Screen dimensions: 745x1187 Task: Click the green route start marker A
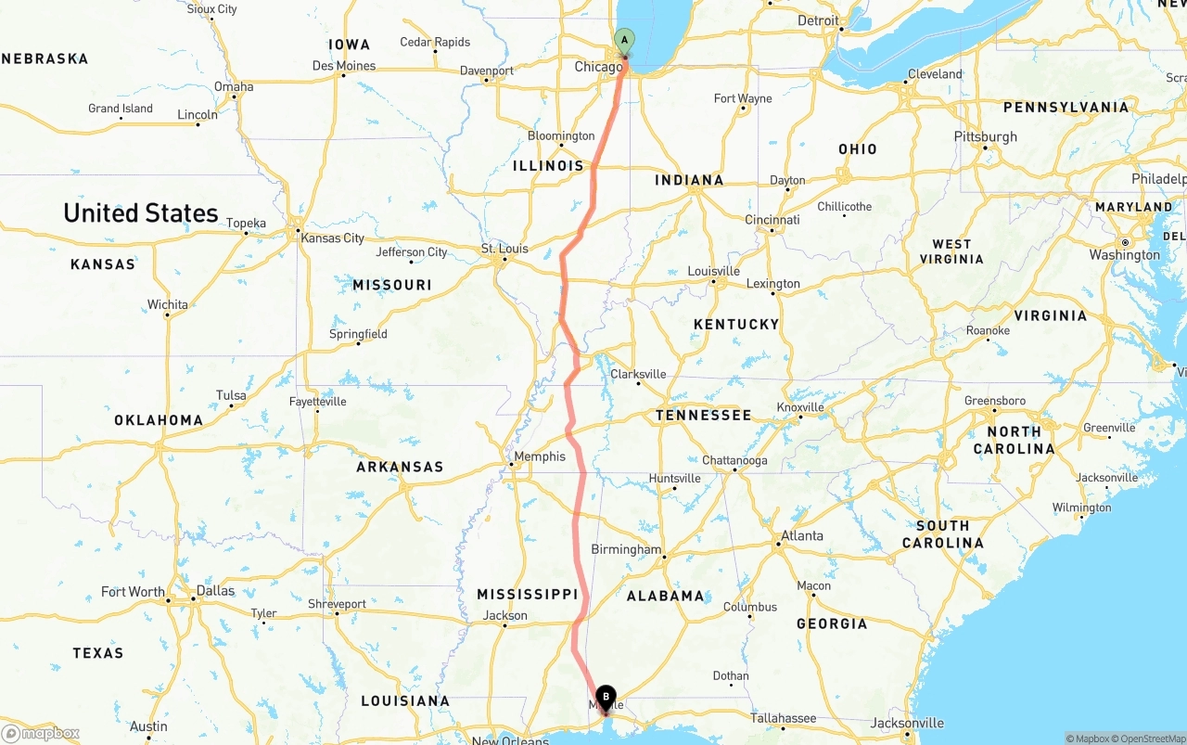point(625,41)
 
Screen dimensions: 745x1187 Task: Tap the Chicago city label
point(598,67)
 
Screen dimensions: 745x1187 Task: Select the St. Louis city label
point(504,249)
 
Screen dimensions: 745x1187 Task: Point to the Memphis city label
point(540,456)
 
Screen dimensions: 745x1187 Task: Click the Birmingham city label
point(626,549)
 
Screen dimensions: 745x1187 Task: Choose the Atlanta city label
point(801,535)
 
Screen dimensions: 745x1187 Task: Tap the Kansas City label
point(332,238)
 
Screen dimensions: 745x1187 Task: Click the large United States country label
point(141,212)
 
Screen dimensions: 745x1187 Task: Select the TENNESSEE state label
point(703,415)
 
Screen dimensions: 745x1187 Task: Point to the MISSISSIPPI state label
point(527,594)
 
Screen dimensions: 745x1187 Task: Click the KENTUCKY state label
point(736,324)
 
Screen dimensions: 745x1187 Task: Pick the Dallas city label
point(215,590)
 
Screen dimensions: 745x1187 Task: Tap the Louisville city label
point(713,271)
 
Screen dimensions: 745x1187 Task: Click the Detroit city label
point(818,20)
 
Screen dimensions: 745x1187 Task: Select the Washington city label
point(1124,255)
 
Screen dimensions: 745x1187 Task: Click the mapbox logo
point(41,733)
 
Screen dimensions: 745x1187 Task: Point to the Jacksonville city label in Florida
point(908,723)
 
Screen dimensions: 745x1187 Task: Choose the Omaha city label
point(234,86)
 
